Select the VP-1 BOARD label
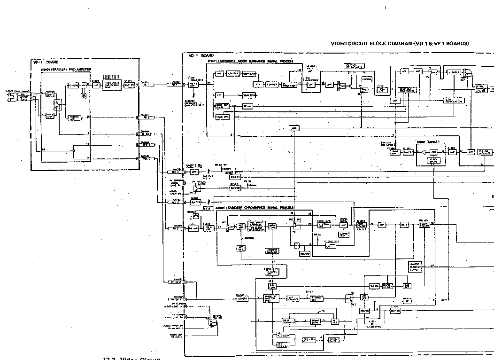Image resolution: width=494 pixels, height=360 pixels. point(46,62)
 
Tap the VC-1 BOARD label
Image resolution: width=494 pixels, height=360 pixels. point(201,55)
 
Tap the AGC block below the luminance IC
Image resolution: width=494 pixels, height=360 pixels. point(294,128)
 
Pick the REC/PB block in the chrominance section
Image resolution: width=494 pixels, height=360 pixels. point(304,254)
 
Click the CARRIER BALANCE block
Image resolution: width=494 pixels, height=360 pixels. point(272,251)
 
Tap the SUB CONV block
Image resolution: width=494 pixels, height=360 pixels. point(272,286)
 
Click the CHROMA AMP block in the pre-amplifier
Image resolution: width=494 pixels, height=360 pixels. point(74,117)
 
